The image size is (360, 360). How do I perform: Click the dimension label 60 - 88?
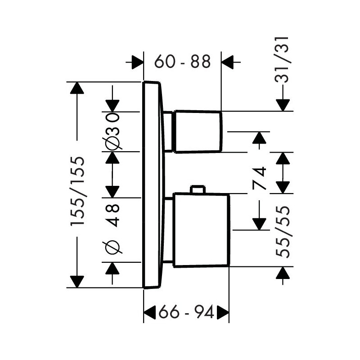point(182,62)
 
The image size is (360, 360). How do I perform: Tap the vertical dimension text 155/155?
point(77,191)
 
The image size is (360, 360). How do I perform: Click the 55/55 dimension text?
point(283,232)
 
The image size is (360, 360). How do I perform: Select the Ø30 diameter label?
point(112,131)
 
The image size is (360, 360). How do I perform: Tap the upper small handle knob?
point(198,131)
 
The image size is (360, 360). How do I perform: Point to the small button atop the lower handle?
point(197,189)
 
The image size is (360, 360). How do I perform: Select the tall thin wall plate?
point(152,184)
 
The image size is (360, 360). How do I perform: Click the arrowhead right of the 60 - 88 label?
point(229,62)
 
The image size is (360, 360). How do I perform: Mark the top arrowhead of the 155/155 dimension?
point(77,88)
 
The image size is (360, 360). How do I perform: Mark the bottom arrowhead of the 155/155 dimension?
point(77,281)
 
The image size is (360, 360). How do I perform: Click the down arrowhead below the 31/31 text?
point(283,105)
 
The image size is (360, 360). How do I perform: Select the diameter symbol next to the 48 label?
point(112,247)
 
